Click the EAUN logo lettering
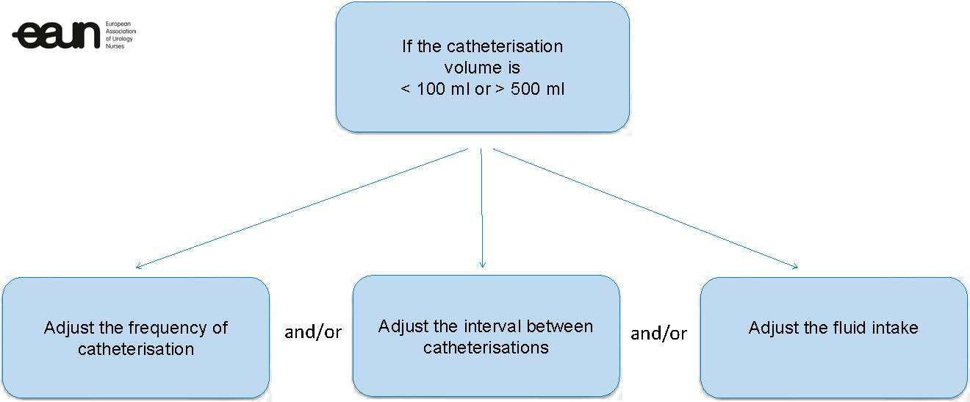click(57, 35)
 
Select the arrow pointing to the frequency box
click(301, 209)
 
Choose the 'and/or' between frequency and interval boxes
click(312, 332)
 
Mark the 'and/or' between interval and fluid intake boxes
click(658, 334)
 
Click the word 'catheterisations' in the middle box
click(486, 347)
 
